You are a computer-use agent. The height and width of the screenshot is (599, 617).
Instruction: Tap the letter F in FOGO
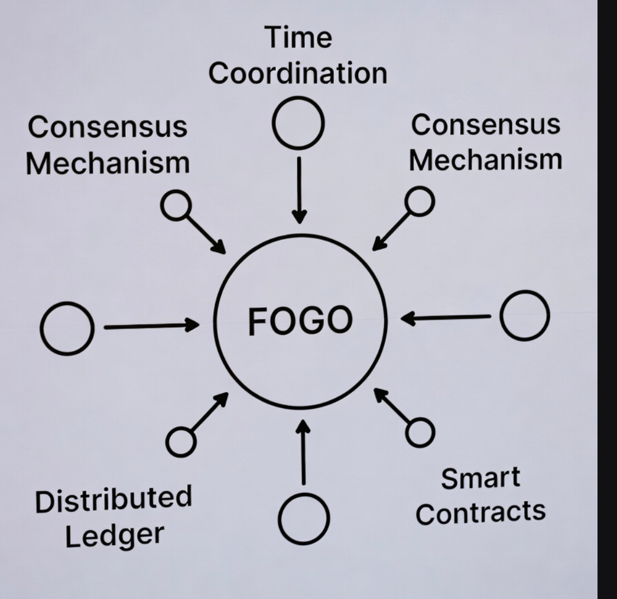(x=256, y=321)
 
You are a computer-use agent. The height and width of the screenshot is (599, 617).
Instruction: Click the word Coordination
(x=298, y=73)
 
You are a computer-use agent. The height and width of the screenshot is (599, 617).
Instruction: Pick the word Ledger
(x=113, y=535)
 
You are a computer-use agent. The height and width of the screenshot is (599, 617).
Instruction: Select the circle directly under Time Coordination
(x=298, y=123)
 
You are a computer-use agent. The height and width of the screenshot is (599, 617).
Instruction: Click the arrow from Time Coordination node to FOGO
(x=299, y=189)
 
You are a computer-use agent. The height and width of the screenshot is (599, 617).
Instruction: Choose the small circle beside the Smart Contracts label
(x=420, y=432)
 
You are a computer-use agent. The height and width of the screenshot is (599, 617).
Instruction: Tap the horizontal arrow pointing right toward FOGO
(x=152, y=325)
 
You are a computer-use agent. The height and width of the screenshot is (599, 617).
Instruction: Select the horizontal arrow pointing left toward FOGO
(x=446, y=318)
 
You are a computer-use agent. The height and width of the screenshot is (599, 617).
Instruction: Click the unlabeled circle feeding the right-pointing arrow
(x=67, y=328)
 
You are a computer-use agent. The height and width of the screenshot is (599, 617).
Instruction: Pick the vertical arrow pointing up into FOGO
(x=303, y=452)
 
